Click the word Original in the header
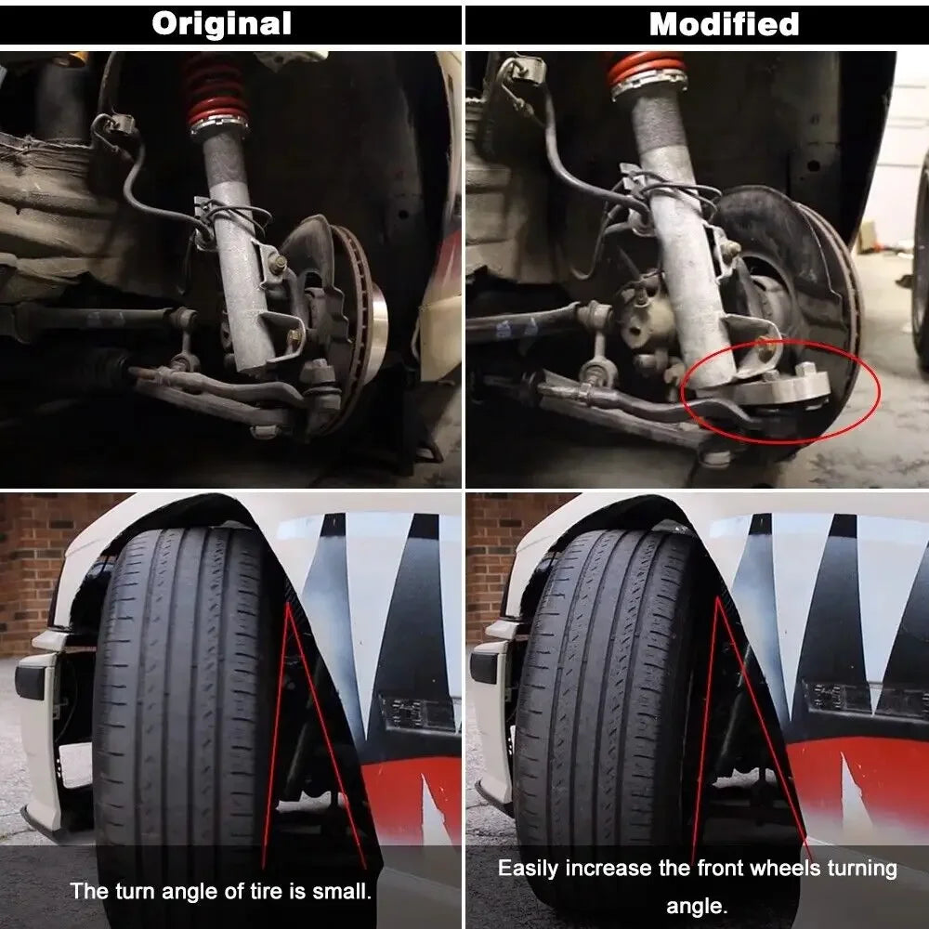click(221, 23)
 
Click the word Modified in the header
click(724, 23)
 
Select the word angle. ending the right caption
click(697, 905)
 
